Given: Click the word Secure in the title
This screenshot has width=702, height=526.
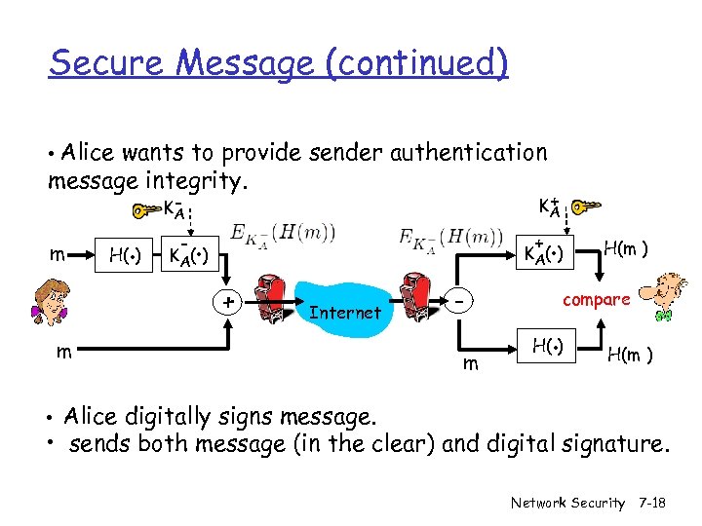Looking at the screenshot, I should pos(107,63).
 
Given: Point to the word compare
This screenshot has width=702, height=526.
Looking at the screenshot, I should pos(597,299).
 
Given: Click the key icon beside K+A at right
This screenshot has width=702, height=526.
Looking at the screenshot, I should pos(586,207).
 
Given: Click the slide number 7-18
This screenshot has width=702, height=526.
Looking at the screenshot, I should pos(653,503).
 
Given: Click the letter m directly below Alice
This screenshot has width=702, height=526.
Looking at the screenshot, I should pos(62,352).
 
